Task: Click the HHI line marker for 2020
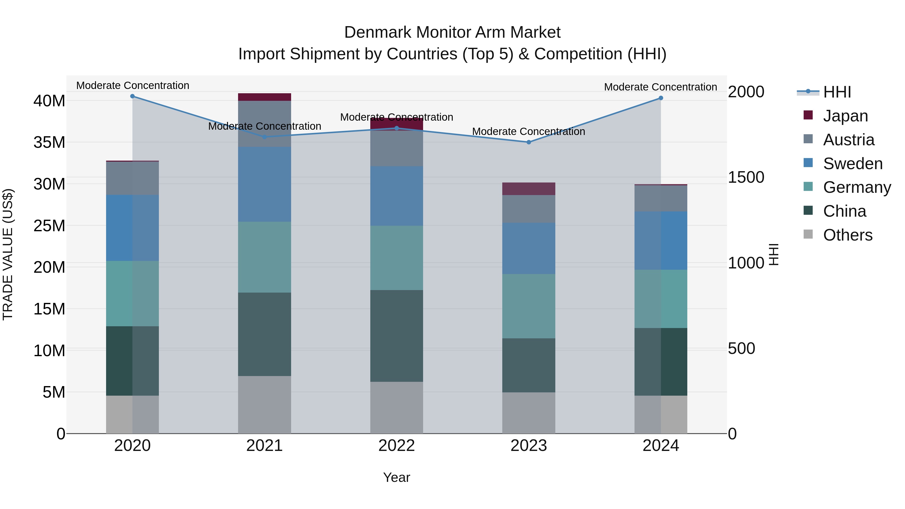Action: point(132,96)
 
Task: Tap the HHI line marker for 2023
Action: point(528,142)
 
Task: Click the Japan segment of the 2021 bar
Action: point(264,97)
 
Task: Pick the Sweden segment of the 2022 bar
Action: point(397,196)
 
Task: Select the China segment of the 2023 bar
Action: point(528,365)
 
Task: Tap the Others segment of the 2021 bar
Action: point(264,405)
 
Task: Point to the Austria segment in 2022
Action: point(397,148)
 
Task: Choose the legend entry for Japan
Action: point(845,116)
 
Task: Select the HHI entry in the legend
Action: point(837,92)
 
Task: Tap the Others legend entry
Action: point(847,235)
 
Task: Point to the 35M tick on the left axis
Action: point(49,143)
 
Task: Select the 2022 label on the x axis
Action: point(397,446)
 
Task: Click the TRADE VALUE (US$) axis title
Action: point(8,254)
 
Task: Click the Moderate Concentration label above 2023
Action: point(528,131)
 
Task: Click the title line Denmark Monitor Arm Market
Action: point(452,32)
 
